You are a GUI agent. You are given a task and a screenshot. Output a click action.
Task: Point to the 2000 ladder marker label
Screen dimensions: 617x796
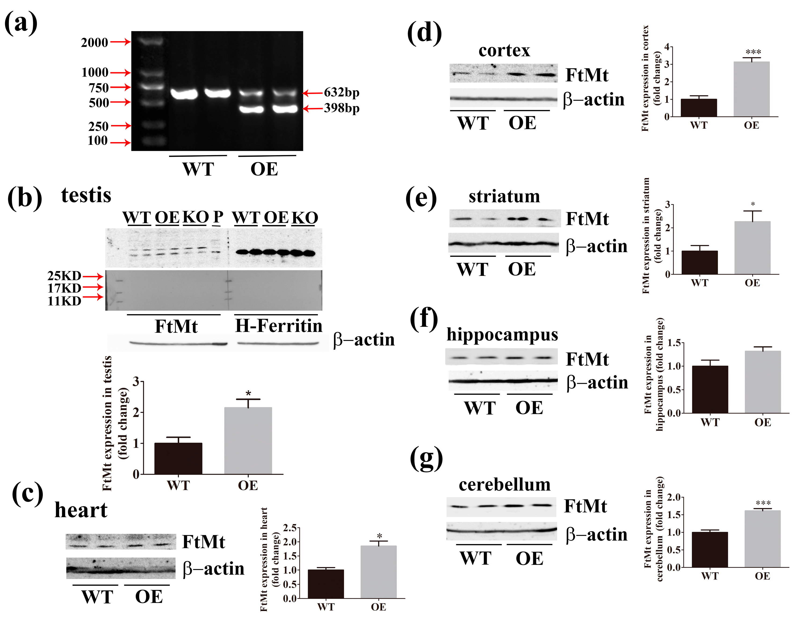[x=94, y=43]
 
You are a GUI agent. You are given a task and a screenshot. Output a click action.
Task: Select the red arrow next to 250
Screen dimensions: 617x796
[x=121, y=126]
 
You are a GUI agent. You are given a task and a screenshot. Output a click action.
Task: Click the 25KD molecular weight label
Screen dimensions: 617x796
[x=64, y=276]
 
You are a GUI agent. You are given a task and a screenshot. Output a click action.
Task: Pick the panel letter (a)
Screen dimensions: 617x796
[x=21, y=23]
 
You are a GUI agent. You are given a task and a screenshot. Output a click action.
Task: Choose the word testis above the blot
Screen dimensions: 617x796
[x=86, y=195]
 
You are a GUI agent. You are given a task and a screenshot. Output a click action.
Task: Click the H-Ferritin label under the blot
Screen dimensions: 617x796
[x=279, y=326]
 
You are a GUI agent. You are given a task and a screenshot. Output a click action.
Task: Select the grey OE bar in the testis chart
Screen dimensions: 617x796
[x=248, y=441]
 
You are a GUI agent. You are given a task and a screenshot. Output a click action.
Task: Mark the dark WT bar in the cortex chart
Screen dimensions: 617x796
[x=699, y=108]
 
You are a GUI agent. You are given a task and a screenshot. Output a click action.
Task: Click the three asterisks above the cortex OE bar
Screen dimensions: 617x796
[x=753, y=52]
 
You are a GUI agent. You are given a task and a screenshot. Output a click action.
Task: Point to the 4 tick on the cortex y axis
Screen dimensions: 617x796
[x=667, y=47]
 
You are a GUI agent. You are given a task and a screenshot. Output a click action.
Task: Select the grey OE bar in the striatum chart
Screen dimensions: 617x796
[x=752, y=248]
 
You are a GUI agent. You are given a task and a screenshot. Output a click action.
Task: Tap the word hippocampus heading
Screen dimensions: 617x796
[x=502, y=334]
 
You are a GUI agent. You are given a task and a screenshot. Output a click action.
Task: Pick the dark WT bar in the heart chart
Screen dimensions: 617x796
[x=326, y=584]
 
